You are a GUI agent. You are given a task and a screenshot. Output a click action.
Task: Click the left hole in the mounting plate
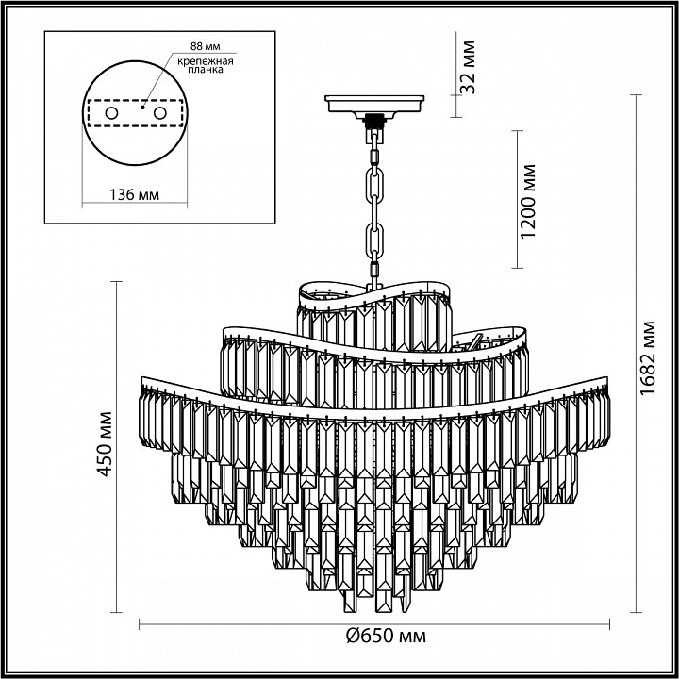tap(111, 112)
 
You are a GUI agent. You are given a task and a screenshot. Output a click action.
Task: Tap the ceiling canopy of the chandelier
tap(375, 103)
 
